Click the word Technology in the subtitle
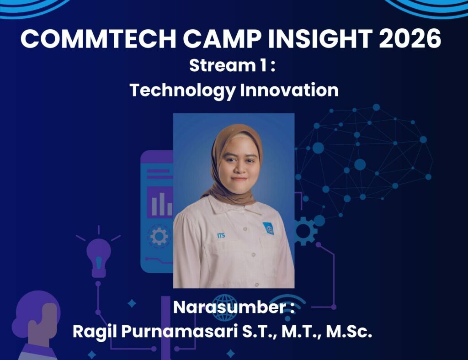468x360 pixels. (182, 90)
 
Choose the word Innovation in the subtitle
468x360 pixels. (289, 90)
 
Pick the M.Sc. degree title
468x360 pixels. (349, 331)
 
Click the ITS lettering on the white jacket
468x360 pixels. (221, 236)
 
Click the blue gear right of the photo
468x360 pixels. (303, 231)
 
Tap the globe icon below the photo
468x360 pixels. (225, 307)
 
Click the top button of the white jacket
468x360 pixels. (245, 229)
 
